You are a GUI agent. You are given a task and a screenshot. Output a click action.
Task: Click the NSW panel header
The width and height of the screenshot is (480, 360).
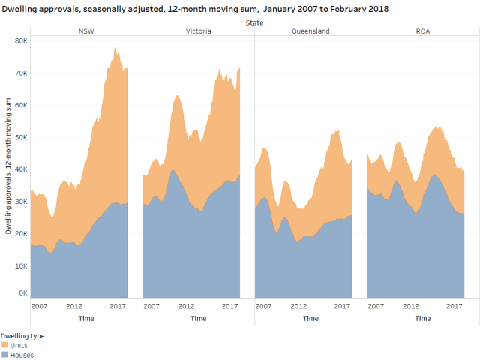pyautogui.click(x=86, y=31)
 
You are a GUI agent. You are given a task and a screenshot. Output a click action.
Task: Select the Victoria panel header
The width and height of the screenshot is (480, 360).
pyautogui.click(x=198, y=31)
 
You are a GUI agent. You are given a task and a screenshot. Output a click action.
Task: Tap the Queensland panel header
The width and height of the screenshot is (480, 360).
pyautogui.click(x=310, y=31)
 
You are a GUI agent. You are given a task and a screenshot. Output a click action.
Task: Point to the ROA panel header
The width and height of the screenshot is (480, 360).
pyautogui.click(x=423, y=31)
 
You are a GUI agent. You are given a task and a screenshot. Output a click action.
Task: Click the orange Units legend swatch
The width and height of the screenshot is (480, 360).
pyautogui.click(x=4, y=345)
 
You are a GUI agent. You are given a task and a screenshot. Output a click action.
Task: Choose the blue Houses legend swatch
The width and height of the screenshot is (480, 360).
pyautogui.click(x=4, y=355)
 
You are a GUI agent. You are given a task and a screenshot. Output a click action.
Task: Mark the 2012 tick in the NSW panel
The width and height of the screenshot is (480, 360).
pyautogui.click(x=74, y=306)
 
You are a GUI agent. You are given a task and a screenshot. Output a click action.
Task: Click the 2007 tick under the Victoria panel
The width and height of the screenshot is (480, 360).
pyautogui.click(x=151, y=306)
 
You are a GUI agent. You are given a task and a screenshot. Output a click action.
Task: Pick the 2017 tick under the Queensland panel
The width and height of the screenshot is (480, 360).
pyautogui.click(x=342, y=306)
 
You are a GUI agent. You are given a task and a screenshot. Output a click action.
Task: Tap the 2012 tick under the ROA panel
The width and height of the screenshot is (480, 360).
pyautogui.click(x=411, y=306)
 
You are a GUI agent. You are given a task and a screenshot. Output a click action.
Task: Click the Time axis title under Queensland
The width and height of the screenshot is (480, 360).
pyautogui.click(x=310, y=318)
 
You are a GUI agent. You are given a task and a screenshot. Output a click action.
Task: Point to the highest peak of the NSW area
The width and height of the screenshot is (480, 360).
pyautogui.click(x=115, y=49)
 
